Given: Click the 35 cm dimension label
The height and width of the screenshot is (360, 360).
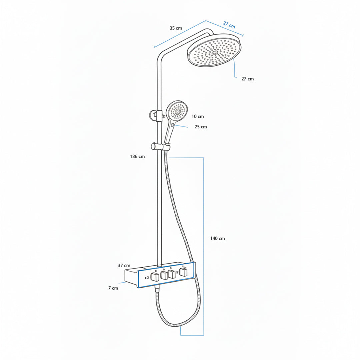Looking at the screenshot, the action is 176,28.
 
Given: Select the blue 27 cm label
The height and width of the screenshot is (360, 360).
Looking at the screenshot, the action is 229,25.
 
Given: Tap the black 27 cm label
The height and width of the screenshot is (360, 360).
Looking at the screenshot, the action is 247,79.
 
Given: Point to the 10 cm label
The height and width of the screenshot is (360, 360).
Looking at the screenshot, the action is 198,116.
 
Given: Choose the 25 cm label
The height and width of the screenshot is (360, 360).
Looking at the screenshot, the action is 201,127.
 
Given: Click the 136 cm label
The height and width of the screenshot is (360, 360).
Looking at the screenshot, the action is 137,157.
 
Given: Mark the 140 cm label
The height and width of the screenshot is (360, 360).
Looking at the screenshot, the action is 217,238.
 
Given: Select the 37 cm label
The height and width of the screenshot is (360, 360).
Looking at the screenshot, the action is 124,265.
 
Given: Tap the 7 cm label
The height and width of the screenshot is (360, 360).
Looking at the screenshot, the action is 113,288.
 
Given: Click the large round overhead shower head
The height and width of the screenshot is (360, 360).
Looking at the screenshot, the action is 214,51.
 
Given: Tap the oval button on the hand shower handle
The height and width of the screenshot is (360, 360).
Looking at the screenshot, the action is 172,125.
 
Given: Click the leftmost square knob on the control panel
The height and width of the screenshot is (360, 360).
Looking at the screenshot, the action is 155,277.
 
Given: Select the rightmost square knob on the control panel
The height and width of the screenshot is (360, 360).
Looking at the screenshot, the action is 183,272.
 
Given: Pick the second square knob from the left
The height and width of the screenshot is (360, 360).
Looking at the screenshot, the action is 164,275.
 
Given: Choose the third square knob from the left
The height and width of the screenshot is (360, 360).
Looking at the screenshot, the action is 172,274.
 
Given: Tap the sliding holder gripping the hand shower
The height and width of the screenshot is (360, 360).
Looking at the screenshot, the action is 160,146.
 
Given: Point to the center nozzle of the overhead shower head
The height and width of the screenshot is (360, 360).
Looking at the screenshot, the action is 215,52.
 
